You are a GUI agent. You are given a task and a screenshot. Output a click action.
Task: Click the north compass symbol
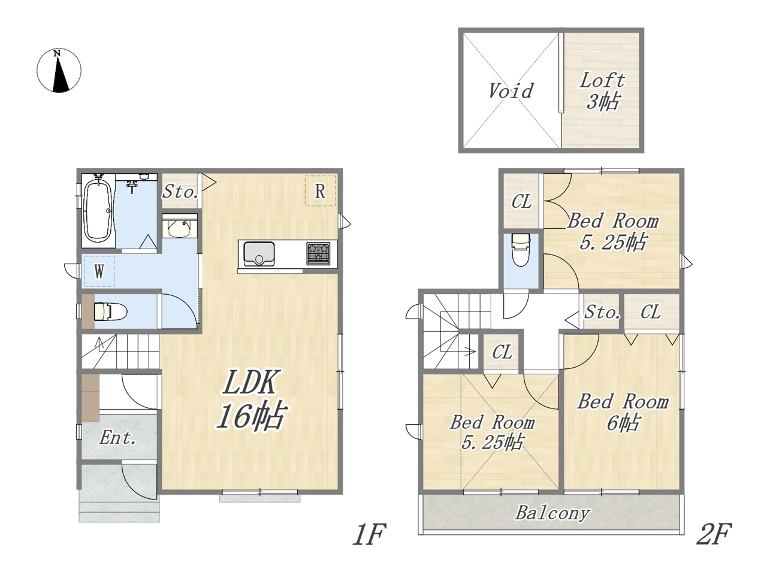[x=59, y=71]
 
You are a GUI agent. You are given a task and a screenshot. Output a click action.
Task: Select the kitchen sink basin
[x=259, y=254]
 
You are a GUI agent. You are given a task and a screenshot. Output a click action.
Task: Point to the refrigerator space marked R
[x=320, y=190]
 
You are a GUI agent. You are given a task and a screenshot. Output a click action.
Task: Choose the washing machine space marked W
[x=99, y=271]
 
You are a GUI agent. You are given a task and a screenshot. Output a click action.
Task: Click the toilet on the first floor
[x=110, y=311]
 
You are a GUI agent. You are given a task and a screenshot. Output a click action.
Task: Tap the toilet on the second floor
[x=521, y=250]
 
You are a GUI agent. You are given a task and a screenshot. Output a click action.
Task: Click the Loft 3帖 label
[x=602, y=91]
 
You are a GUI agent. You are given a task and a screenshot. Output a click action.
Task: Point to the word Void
[x=511, y=91]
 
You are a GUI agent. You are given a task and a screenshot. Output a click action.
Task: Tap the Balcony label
[x=552, y=513]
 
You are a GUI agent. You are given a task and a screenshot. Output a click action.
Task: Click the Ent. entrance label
[x=118, y=437]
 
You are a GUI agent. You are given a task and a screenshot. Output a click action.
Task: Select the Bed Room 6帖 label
[x=623, y=412]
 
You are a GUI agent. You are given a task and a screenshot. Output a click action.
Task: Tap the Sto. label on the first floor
[x=180, y=192]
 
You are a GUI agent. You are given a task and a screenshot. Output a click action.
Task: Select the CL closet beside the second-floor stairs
[x=502, y=352]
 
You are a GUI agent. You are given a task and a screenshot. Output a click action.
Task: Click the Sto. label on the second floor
[x=602, y=312]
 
